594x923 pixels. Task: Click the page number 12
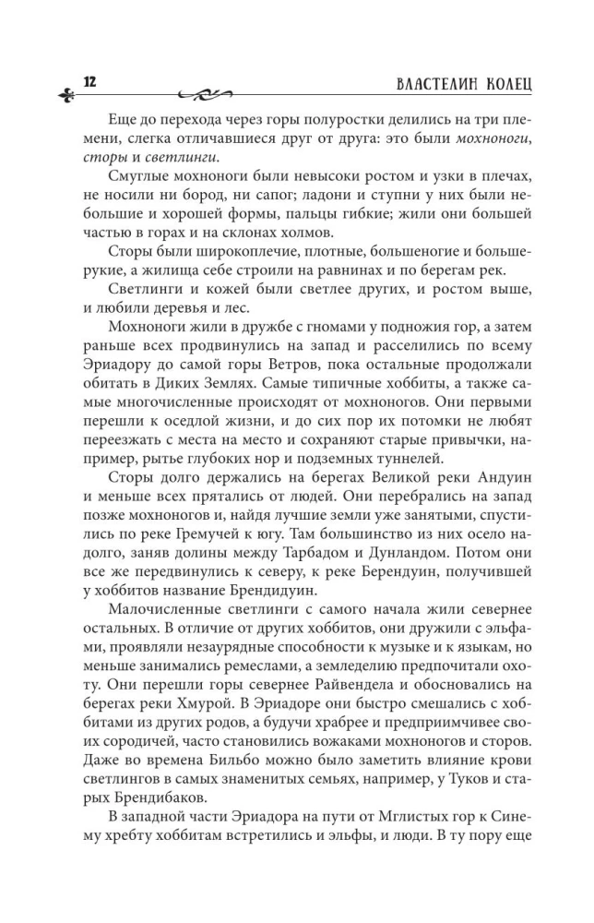click(x=89, y=80)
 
